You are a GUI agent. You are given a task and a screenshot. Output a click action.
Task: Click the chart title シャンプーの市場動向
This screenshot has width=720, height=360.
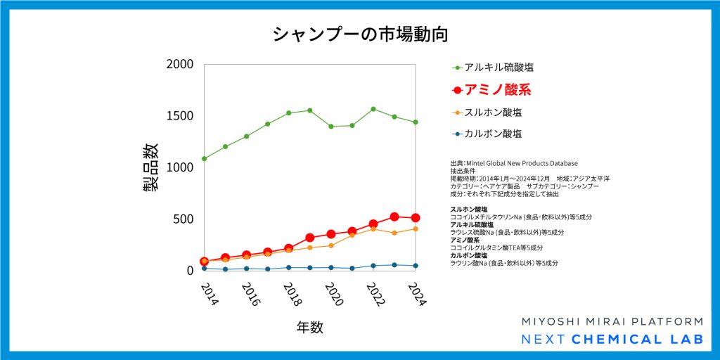coord(359,34)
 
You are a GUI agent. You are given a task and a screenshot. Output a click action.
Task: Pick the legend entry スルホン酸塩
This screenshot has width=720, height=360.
coord(493,112)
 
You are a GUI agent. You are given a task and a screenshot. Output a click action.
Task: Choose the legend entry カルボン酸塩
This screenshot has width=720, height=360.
coord(493,133)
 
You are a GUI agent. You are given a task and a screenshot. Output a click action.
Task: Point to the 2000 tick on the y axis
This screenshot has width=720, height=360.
coord(180,64)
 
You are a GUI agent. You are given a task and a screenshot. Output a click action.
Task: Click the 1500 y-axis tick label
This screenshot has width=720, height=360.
coord(180,115)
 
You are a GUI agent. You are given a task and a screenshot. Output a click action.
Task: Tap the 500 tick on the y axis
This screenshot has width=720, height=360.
coord(184,219)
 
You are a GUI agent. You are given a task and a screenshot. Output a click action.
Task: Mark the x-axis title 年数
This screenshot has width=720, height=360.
coord(309,327)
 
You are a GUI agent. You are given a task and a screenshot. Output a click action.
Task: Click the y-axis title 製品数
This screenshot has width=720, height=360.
coord(150,167)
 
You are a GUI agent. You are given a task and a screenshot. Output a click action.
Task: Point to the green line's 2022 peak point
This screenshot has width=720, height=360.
coord(373,109)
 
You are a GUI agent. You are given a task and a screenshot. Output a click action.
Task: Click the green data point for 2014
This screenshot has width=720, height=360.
coord(204,158)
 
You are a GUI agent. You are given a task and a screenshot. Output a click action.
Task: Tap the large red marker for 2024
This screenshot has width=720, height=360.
coord(416,218)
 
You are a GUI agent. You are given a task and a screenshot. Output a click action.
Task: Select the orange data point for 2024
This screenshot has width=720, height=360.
coord(416,229)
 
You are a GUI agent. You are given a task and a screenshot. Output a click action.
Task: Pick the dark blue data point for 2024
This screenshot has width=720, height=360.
coord(416,266)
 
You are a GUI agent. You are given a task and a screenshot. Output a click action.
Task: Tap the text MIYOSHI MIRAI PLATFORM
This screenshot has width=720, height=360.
coord(612,321)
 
